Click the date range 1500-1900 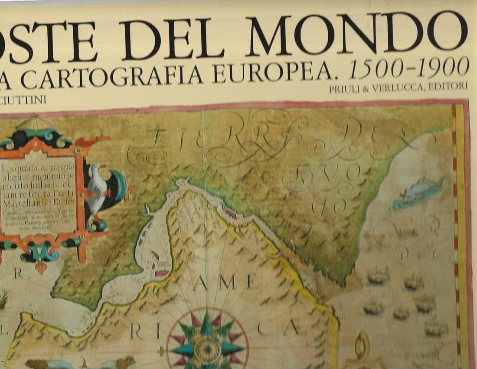click(x=410, y=67)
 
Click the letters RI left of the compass click(x=145, y=332)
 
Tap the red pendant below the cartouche click(x=41, y=266)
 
